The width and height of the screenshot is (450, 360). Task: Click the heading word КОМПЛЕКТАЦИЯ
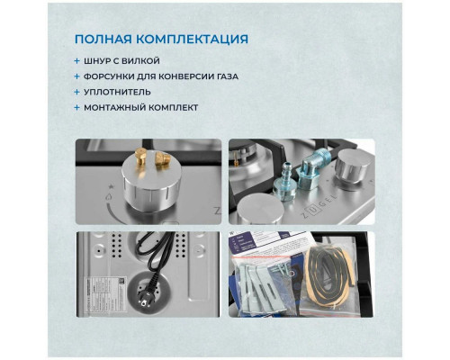pyautogui.click(x=193, y=40)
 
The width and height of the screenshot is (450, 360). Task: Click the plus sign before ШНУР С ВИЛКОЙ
pyautogui.click(x=77, y=61)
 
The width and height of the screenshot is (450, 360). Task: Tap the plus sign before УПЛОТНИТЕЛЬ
pyautogui.click(x=77, y=93)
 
